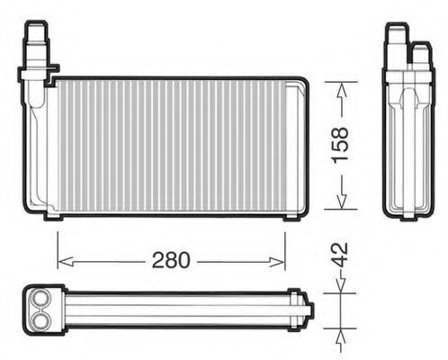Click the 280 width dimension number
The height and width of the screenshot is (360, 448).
tap(171, 260)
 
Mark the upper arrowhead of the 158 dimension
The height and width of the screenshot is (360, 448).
tap(343, 86)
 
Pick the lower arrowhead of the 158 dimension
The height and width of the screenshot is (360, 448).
tap(343, 200)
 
